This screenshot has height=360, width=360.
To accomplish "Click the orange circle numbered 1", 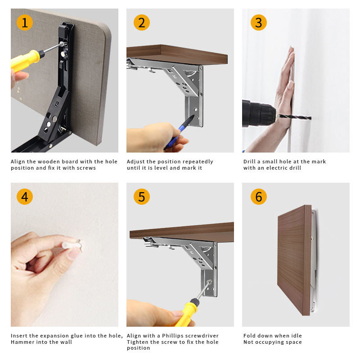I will coord(25,22).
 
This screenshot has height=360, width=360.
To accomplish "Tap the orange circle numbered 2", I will coord(141,22).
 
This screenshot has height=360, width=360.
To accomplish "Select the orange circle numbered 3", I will coord(258,22).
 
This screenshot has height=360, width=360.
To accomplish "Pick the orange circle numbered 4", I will coord(25,197).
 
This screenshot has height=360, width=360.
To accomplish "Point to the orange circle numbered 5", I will coord(141,197).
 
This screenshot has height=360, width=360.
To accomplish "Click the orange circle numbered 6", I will coord(258,197).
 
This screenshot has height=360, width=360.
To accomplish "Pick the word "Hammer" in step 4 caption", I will coord(22,342).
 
